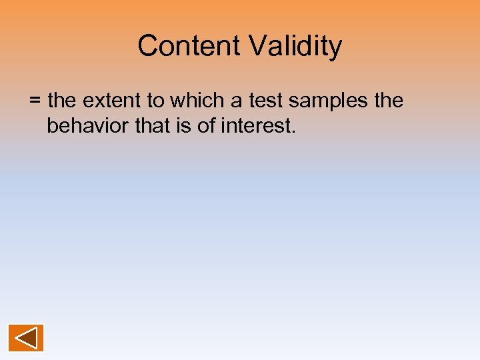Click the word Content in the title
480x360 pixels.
(190, 46)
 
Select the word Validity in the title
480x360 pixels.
(295, 46)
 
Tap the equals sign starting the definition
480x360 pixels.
(35, 101)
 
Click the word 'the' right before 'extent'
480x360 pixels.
(63, 101)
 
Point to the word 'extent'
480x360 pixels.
(109, 101)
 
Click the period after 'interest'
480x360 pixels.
(293, 131)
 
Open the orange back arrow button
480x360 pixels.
(26, 337)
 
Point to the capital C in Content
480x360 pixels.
(147, 46)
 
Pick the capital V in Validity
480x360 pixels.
(258, 46)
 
